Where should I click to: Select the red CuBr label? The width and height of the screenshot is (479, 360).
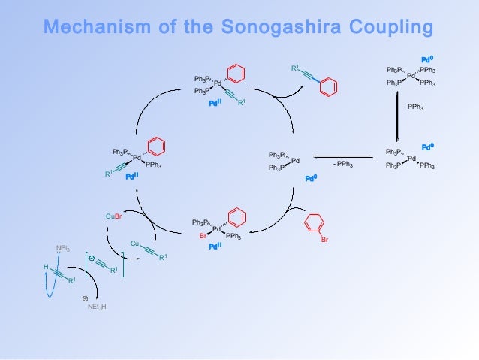113,217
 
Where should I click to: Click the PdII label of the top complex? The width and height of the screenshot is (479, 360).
216,104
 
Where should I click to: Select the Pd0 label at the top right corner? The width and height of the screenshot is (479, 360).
427,59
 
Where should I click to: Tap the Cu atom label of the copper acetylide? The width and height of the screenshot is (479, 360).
134,244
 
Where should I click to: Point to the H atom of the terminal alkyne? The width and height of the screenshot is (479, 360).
46,267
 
